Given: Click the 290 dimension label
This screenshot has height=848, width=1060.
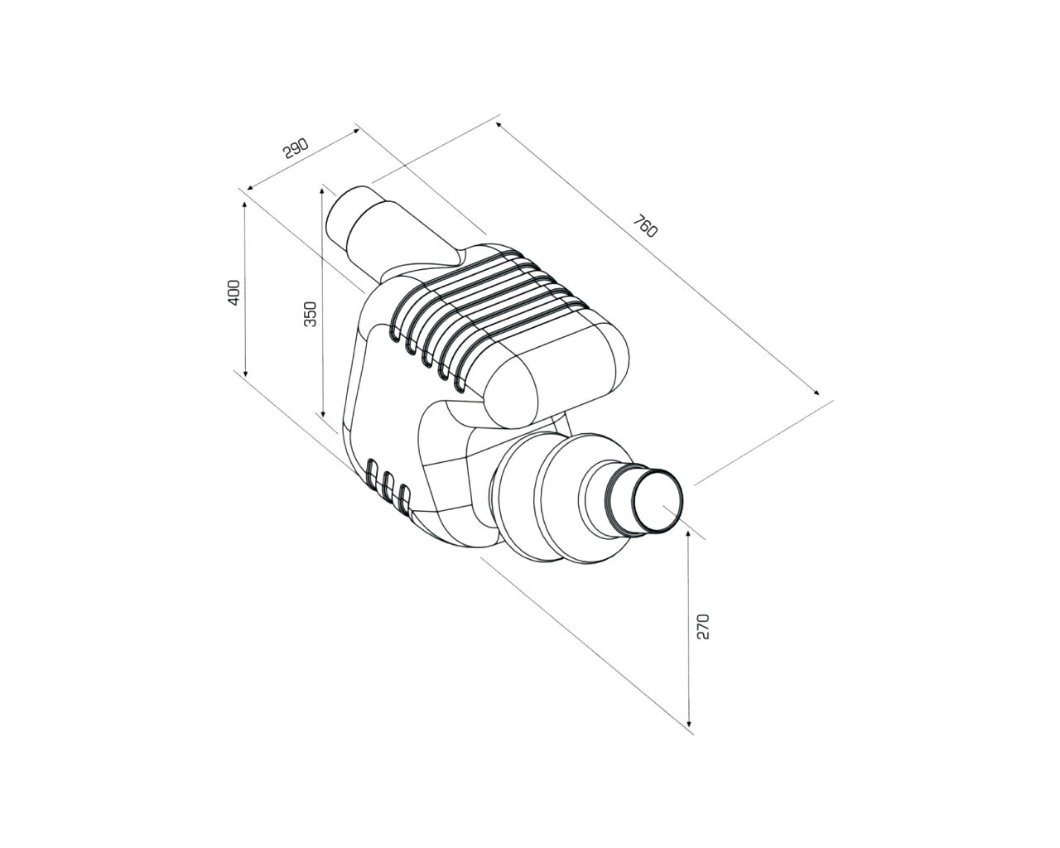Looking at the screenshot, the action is point(296,148).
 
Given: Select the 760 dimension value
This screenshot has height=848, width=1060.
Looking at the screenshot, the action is point(645,226).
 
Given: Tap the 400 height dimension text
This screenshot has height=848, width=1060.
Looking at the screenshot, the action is point(234,292).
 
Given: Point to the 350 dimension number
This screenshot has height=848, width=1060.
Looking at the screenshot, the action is point(311,314).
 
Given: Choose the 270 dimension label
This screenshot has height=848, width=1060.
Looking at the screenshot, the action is point(703,627).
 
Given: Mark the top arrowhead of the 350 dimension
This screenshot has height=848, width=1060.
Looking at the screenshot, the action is point(322,192).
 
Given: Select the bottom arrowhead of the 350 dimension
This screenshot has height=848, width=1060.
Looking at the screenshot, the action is point(323,412).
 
